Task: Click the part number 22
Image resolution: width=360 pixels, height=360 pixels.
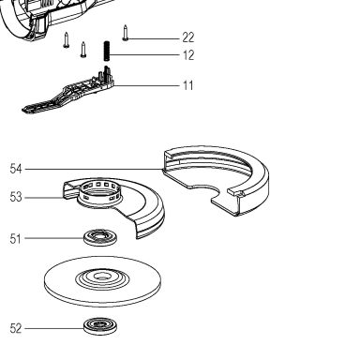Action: tap(188, 37)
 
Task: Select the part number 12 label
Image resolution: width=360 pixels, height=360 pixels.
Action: tap(188, 55)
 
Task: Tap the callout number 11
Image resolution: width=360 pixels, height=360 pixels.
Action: tap(188, 85)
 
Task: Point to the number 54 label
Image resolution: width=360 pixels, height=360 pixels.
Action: tap(16, 169)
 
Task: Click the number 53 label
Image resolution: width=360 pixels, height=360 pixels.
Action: tap(16, 198)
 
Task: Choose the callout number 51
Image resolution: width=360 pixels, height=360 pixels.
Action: tap(16, 239)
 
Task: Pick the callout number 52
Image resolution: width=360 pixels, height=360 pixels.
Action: tap(16, 328)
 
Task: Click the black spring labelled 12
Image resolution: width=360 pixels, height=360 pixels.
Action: tap(107, 51)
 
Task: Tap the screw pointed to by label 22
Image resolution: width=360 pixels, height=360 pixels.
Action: tap(126, 33)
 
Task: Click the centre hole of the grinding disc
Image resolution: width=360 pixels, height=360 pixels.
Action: tap(102, 276)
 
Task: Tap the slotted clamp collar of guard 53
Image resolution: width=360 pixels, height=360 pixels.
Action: tap(100, 194)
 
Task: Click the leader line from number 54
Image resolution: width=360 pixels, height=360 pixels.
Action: tap(94, 170)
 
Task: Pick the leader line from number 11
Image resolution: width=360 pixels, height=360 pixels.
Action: tap(147, 85)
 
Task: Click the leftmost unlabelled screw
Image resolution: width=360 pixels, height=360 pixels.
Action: tap(66, 39)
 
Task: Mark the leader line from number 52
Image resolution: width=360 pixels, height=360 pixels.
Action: tap(54, 328)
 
